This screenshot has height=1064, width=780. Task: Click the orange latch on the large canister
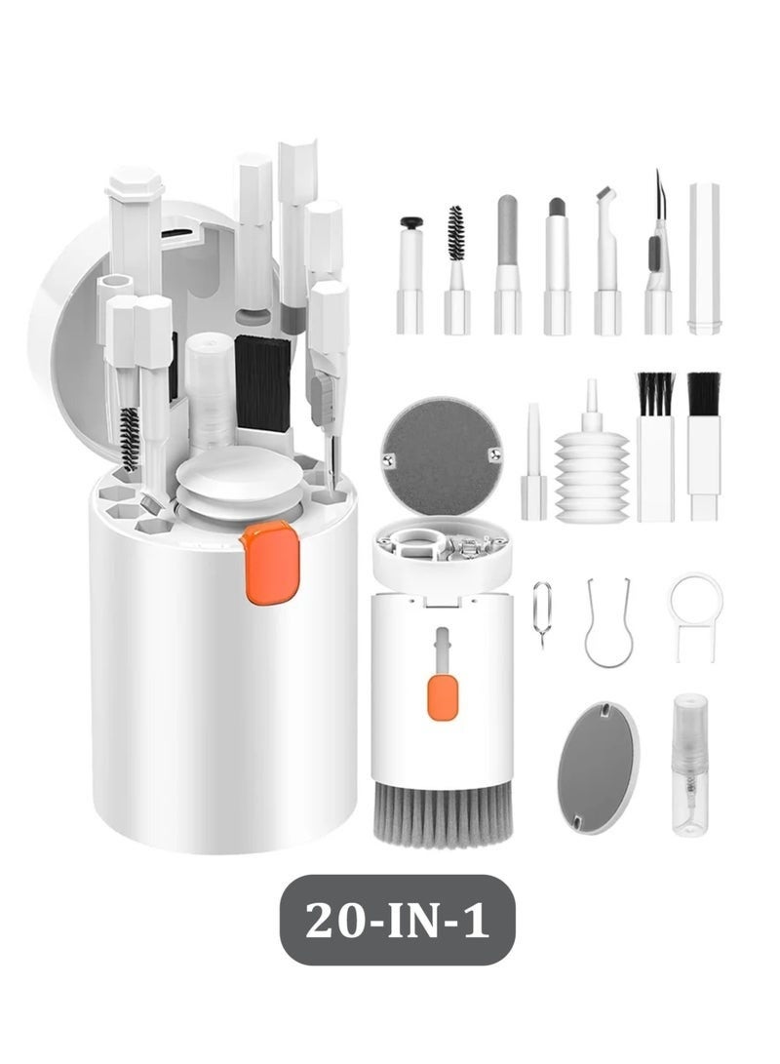270,562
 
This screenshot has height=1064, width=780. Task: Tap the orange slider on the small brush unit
441,697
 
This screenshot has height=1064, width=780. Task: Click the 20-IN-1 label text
397,920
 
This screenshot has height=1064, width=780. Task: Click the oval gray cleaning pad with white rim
598,767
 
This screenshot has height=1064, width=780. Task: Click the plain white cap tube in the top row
703,258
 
